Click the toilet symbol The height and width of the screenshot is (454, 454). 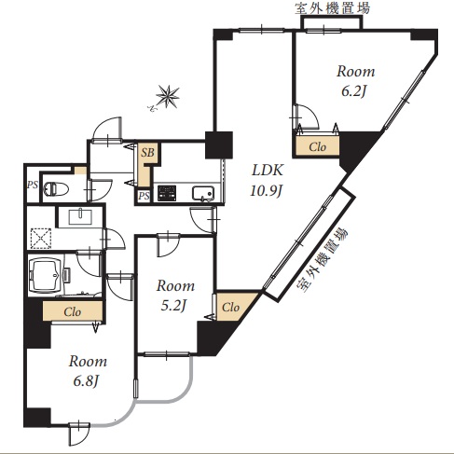[x=56, y=189]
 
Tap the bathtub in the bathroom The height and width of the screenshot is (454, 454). [x=46, y=275]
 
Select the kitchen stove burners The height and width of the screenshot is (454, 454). [x=167, y=193]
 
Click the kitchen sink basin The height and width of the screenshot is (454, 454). [x=203, y=194]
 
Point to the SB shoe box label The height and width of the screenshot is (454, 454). [x=147, y=153]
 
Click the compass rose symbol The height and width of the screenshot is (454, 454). [x=168, y=96]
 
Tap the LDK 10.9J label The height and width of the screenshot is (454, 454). [x=267, y=180]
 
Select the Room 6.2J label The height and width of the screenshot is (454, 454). [x=355, y=81]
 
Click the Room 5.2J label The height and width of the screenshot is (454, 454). [x=175, y=296]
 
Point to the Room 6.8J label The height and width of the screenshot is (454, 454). [x=88, y=371]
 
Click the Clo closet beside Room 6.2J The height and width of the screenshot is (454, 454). [x=317, y=146]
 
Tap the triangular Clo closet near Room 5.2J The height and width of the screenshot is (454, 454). [x=232, y=307]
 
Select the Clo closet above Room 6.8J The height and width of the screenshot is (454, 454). [x=73, y=311]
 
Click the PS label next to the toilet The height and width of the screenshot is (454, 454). [x=32, y=186]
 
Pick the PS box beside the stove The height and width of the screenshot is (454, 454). [x=144, y=196]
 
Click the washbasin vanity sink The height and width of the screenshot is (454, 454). [x=80, y=216]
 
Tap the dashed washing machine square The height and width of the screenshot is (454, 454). [x=41, y=239]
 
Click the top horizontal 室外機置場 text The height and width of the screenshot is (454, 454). [x=333, y=8]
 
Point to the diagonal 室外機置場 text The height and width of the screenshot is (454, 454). [x=323, y=260]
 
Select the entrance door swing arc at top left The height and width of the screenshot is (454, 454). [x=107, y=128]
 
